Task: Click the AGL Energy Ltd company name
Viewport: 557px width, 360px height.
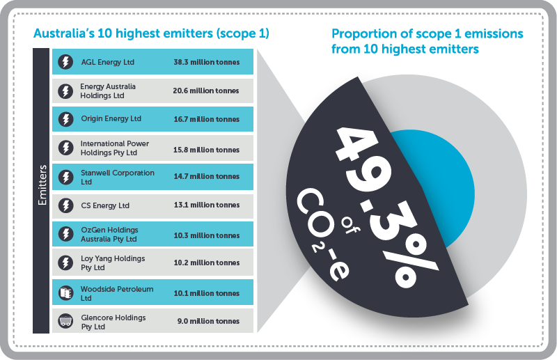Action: coord(107,62)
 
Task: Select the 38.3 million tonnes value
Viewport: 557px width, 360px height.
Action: coord(206,62)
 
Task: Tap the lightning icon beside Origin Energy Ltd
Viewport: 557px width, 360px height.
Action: coord(65,119)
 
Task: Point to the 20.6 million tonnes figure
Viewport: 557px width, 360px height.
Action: coord(206,91)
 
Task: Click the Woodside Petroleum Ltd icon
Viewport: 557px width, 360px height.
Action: coord(65,293)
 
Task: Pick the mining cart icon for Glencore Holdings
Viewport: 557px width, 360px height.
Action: coord(65,322)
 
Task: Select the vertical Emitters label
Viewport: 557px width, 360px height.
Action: coord(42,187)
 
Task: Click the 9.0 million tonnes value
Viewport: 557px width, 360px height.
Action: coord(206,322)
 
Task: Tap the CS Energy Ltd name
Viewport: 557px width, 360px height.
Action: coord(105,205)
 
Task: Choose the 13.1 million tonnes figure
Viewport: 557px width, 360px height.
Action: coord(206,205)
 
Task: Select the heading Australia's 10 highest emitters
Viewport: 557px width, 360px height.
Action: coord(151,33)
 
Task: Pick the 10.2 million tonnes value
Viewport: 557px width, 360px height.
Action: coord(206,263)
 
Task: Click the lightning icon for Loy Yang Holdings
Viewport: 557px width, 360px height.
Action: coord(65,263)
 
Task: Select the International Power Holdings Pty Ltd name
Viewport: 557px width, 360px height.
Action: coord(115,148)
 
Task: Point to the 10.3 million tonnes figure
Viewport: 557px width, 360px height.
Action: coord(206,235)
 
